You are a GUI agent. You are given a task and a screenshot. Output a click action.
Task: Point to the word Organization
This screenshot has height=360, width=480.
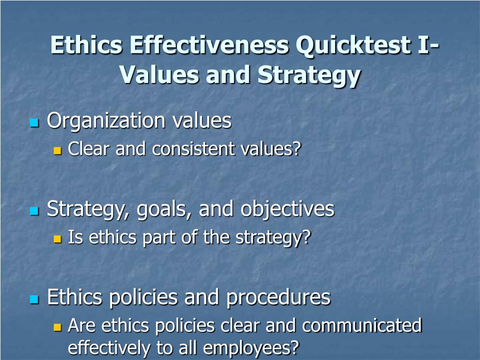click(x=106, y=121)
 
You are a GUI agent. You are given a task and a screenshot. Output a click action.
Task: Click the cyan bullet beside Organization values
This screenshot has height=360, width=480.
click(x=34, y=123)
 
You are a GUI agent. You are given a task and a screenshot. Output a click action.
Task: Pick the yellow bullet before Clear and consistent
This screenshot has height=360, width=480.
click(x=58, y=151)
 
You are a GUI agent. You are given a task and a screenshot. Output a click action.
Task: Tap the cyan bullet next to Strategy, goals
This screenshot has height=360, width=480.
click(x=34, y=211)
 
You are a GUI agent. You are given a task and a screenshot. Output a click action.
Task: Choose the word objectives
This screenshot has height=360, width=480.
click(x=287, y=209)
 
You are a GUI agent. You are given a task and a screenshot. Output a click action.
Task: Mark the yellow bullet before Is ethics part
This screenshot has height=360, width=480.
click(x=58, y=239)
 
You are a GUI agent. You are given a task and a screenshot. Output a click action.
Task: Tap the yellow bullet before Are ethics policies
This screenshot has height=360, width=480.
click(x=58, y=327)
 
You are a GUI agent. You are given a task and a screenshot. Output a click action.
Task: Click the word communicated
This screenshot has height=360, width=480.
click(x=362, y=325)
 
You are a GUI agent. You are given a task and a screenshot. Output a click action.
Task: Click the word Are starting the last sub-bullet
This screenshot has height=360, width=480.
click(x=82, y=325)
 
